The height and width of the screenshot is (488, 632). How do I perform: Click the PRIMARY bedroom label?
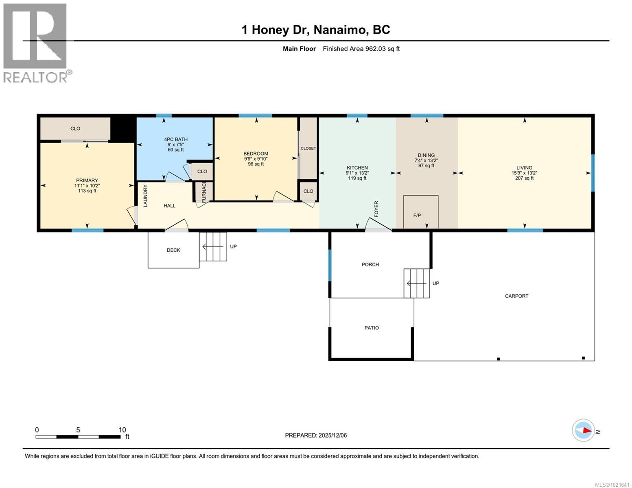tap(87, 181)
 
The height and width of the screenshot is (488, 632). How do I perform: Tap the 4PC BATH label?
tap(176, 139)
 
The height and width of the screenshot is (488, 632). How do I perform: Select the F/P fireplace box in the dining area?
tap(421, 212)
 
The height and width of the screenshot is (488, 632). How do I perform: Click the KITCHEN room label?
tap(357, 168)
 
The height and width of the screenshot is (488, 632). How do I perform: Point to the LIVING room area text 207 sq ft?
tap(524, 178)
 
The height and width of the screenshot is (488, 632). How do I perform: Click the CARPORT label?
tap(516, 296)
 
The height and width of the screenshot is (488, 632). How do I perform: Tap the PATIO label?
tap(372, 328)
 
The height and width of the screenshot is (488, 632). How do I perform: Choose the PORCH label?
tap(370, 265)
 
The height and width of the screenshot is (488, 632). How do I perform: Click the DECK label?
tap(173, 250)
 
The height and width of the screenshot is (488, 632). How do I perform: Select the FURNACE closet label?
tap(204, 192)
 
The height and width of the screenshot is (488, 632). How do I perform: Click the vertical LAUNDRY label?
tap(145, 196)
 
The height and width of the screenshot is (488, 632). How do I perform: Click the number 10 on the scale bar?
tap(122, 430)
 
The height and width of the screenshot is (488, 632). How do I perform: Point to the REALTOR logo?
tap(36, 43)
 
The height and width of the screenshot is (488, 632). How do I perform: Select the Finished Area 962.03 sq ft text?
tap(361, 49)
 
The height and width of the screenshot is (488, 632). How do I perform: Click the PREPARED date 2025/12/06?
tap(316, 435)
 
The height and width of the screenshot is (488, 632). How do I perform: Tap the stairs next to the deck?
tap(213, 246)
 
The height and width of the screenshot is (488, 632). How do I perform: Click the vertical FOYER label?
tap(376, 209)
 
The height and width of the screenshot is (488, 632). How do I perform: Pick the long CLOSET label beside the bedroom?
tap(308, 148)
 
